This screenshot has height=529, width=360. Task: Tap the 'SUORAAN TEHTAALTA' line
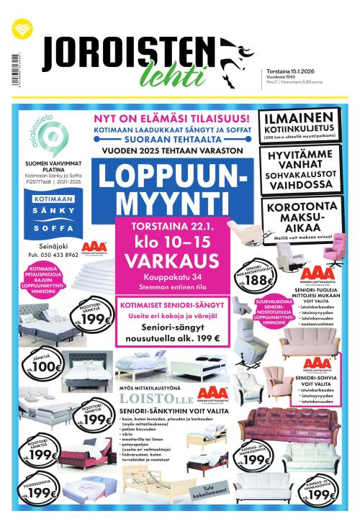[x=170, y=141]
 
